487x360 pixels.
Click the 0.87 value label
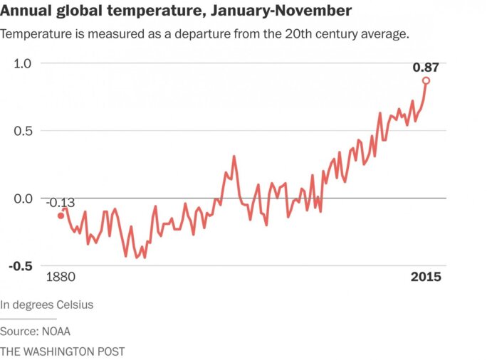426,68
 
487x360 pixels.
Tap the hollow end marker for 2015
426,81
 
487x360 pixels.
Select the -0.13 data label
61,203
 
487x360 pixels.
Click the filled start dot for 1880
61,216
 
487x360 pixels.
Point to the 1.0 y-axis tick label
23,63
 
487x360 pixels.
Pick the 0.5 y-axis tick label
23,131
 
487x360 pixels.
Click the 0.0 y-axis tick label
23,198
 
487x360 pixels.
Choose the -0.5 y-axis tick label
21,266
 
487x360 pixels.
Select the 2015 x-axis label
426,277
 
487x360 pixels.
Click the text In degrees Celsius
47,305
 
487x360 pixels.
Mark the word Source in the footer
18,332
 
